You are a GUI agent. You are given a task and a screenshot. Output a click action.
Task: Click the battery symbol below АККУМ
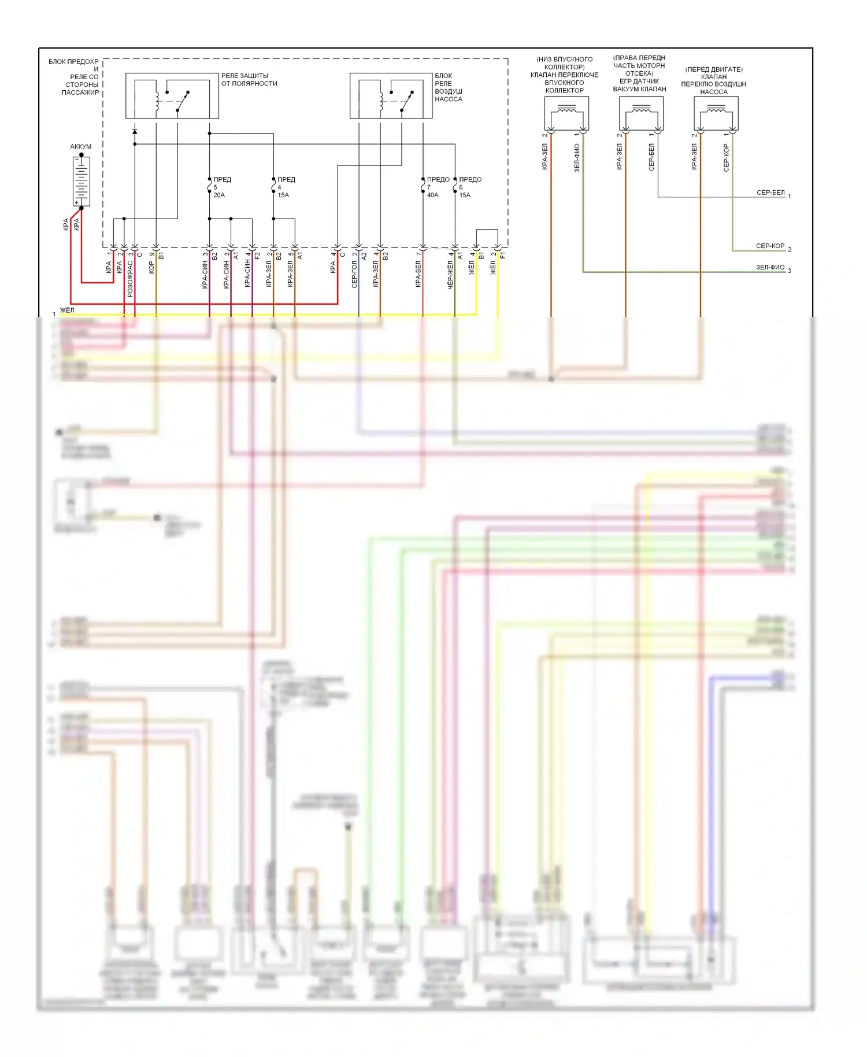click(x=81, y=180)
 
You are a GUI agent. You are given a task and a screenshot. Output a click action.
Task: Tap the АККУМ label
click(x=81, y=146)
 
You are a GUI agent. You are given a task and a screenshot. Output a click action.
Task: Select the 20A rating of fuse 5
click(x=219, y=195)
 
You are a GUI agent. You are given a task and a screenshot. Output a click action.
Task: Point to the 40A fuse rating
click(x=432, y=195)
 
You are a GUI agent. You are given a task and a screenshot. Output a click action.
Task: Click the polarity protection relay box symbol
click(x=172, y=96)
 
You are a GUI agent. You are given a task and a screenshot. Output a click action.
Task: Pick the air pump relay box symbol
click(x=391, y=96)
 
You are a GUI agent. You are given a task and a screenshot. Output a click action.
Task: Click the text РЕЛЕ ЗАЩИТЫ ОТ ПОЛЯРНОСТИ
click(x=249, y=80)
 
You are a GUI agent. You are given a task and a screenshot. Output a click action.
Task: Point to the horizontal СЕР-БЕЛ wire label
click(x=770, y=193)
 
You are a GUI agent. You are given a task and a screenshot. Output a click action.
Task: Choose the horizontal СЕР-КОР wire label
click(x=770, y=246)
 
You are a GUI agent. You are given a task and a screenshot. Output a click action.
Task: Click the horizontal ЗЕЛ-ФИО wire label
click(x=770, y=267)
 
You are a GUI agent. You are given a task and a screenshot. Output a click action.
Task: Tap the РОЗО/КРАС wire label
click(x=130, y=279)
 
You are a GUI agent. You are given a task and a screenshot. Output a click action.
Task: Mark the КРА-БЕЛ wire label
click(x=418, y=274)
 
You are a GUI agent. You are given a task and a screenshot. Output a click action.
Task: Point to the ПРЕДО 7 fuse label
click(x=438, y=180)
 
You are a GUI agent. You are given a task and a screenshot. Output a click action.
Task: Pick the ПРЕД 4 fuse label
click(x=286, y=180)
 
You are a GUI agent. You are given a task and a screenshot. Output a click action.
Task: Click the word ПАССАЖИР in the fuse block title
click(x=80, y=93)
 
